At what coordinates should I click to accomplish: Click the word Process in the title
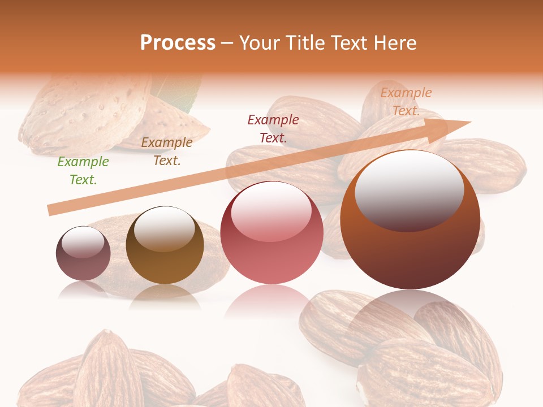point(178,43)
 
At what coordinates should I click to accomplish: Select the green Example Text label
point(83,171)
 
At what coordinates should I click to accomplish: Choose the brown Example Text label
point(166,151)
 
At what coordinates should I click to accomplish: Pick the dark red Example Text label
point(273,128)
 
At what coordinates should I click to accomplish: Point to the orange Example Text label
point(406,102)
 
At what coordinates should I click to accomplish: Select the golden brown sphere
point(165,249)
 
